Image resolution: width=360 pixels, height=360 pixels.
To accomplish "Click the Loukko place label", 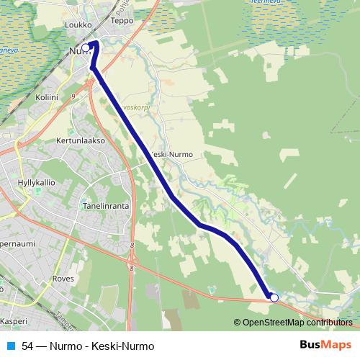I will [x=79, y=24].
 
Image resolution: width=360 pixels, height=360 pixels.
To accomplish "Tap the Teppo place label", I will [x=123, y=21].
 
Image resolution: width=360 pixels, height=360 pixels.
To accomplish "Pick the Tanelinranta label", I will [x=106, y=205].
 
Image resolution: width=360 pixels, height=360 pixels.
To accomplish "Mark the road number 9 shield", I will [x=73, y=94].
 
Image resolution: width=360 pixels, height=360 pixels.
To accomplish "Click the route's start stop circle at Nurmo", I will [x=86, y=48].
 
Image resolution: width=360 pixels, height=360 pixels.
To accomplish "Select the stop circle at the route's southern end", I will [x=274, y=297].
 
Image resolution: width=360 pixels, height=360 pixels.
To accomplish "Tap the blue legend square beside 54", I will [x=10, y=346].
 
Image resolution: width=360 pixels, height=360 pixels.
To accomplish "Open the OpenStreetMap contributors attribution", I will [x=297, y=323].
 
